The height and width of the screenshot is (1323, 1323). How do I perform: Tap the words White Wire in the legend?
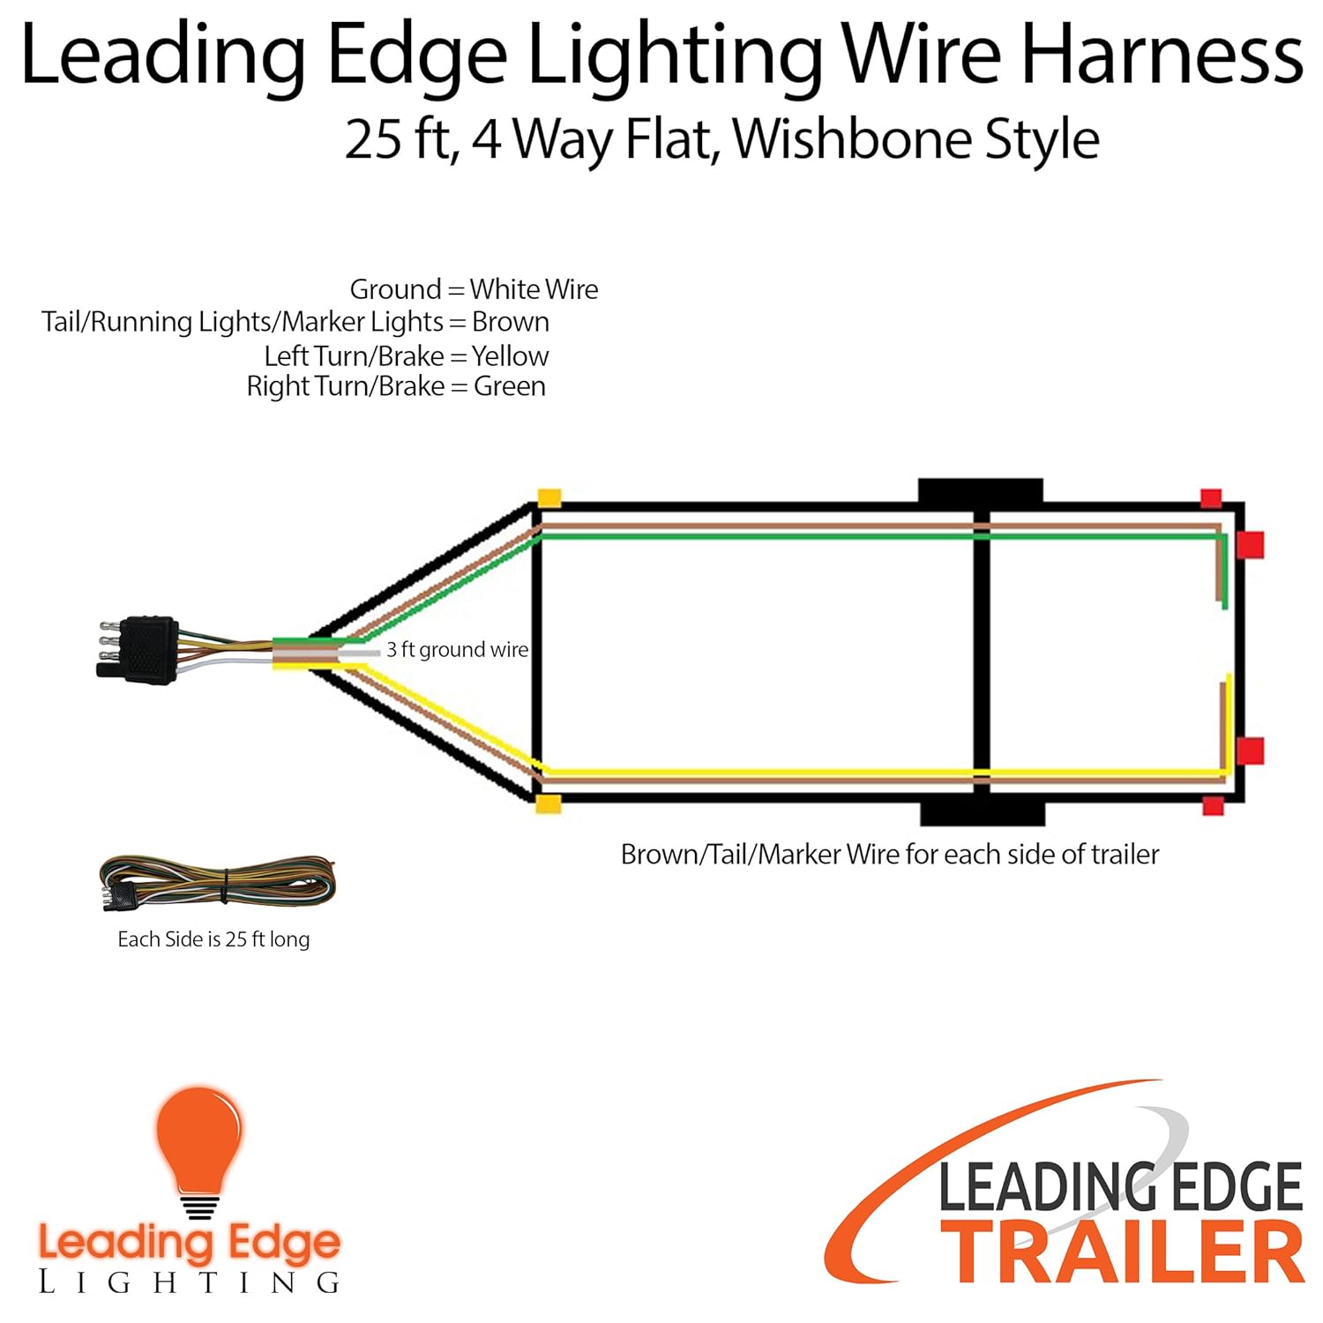tap(534, 289)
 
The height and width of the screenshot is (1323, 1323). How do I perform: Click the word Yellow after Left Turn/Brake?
tap(510, 356)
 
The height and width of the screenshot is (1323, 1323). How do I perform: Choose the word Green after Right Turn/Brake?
tap(509, 386)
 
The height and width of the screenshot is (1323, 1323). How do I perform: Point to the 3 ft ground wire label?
tap(457, 650)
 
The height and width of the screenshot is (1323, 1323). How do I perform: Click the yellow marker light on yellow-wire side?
tap(549, 804)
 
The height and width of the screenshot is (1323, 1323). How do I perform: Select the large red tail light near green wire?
tap(1250, 545)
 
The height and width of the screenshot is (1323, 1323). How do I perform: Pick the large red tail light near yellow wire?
tap(1250, 751)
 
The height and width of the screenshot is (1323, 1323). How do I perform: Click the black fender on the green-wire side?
tap(980, 490)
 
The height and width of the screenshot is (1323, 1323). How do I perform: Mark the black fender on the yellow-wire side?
tap(982, 813)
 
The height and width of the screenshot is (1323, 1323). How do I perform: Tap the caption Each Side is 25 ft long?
tap(213, 939)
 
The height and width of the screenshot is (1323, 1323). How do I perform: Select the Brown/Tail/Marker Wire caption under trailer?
tap(889, 855)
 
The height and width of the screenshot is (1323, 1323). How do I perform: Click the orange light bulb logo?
tap(199, 1147)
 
